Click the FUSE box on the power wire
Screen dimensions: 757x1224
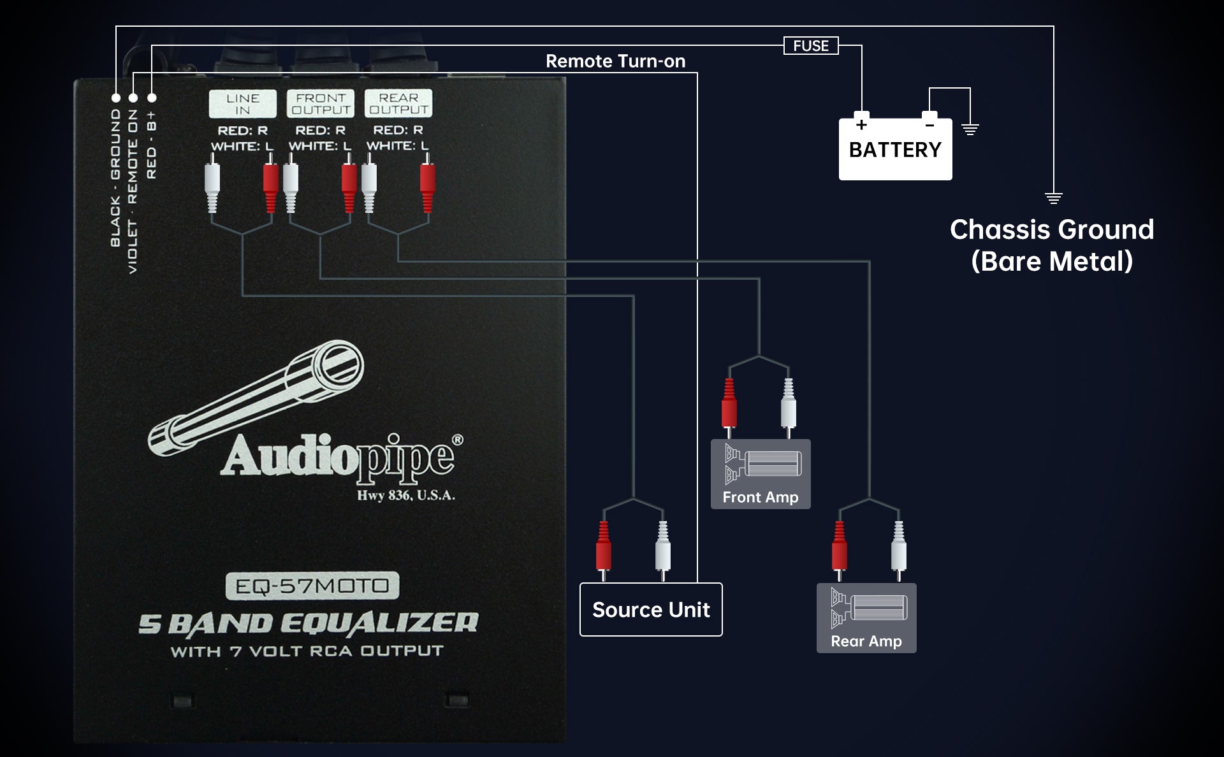point(810,46)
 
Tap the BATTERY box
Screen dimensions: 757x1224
point(895,150)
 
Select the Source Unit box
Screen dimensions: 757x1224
point(651,610)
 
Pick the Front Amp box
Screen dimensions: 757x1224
point(761,474)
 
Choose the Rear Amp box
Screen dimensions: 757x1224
point(866,618)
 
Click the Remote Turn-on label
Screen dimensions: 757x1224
point(615,61)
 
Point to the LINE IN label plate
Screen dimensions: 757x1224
point(243,104)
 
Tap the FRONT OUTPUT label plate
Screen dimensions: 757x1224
point(320,104)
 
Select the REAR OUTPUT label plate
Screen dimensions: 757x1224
point(398,103)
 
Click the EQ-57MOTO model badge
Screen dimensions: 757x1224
point(312,586)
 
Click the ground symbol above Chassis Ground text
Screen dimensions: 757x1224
point(1053,198)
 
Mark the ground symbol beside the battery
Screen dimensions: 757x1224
point(970,130)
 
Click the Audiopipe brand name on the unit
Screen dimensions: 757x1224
point(338,456)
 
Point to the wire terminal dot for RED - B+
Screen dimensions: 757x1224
point(152,98)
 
